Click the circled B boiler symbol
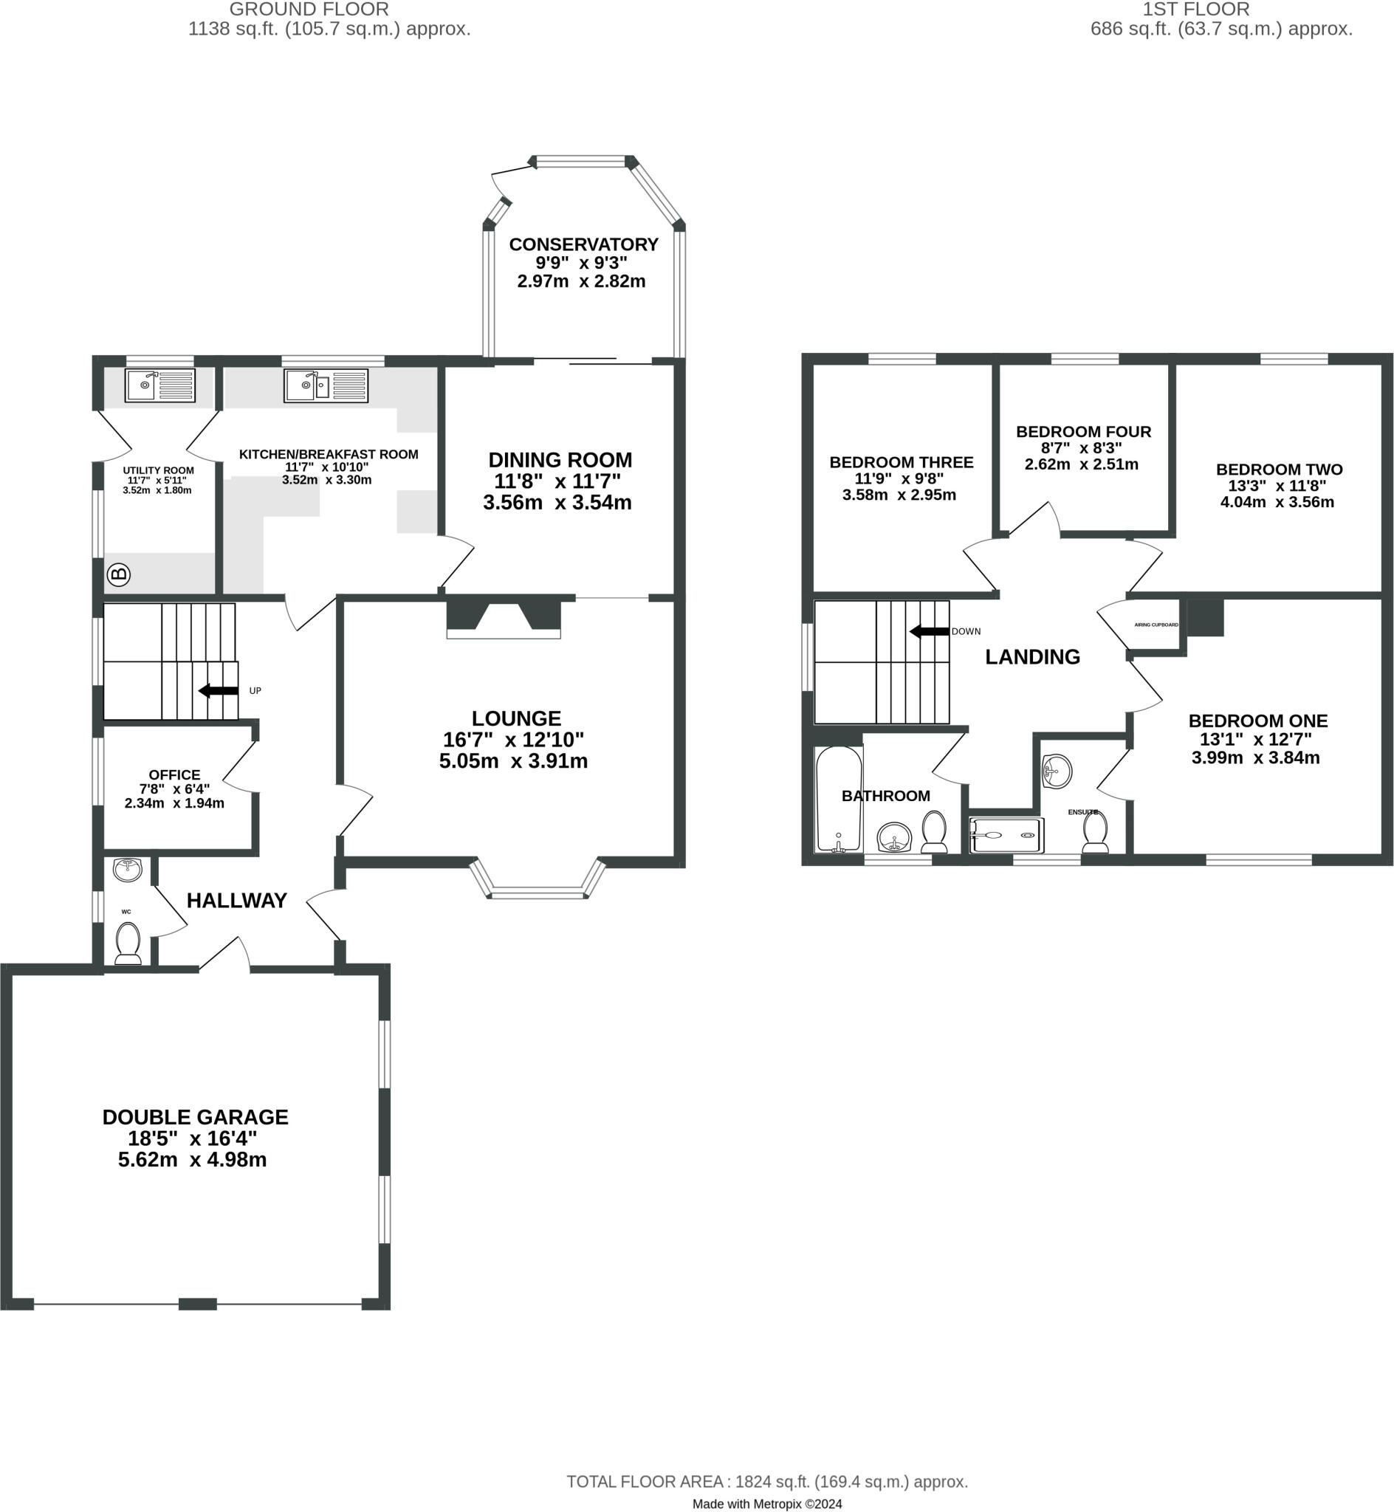click(118, 574)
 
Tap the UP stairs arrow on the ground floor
click(219, 691)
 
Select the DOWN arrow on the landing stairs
click(930, 631)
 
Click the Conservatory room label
click(583, 244)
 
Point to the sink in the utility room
click(159, 385)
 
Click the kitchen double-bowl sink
click(325, 385)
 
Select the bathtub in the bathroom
click(839, 800)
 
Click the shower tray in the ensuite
click(1006, 836)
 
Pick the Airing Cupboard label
click(1156, 625)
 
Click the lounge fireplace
click(503, 617)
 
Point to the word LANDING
click(1032, 657)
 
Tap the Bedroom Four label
click(1083, 432)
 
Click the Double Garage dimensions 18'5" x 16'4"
click(193, 1138)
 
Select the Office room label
click(174, 775)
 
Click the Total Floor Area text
click(766, 1482)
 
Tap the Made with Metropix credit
click(766, 1504)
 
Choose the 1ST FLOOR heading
click(1195, 10)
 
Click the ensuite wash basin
click(1057, 772)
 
